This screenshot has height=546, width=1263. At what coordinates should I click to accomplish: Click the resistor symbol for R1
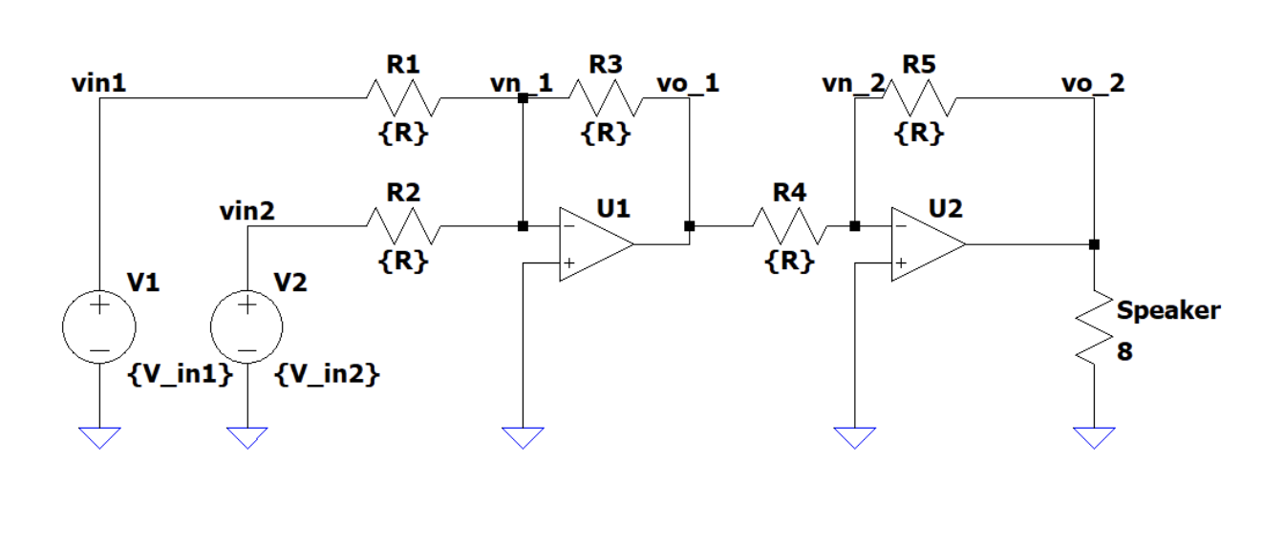[x=402, y=97]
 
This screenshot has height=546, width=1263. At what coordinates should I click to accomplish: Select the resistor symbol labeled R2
[x=402, y=226]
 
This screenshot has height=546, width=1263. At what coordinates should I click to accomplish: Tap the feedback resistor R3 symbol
[x=606, y=97]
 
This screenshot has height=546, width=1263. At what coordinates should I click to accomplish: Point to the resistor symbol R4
[x=788, y=226]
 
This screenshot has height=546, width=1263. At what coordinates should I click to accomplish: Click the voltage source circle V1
[x=99, y=326]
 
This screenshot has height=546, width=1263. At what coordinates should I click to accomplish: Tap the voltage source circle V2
[x=246, y=326]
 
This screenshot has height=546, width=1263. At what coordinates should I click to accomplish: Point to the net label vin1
[x=98, y=83]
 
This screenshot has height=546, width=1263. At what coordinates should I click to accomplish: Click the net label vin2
[x=246, y=211]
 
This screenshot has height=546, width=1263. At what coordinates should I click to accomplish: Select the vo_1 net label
[x=688, y=83]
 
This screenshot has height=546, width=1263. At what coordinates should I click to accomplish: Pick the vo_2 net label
[x=1093, y=83]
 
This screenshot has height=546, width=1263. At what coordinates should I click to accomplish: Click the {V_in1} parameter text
[x=180, y=376]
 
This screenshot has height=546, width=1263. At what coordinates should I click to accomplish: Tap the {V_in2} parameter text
[x=327, y=376]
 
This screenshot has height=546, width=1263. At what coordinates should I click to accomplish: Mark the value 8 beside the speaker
[x=1124, y=351]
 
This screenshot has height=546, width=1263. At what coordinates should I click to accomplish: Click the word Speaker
[x=1168, y=310]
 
